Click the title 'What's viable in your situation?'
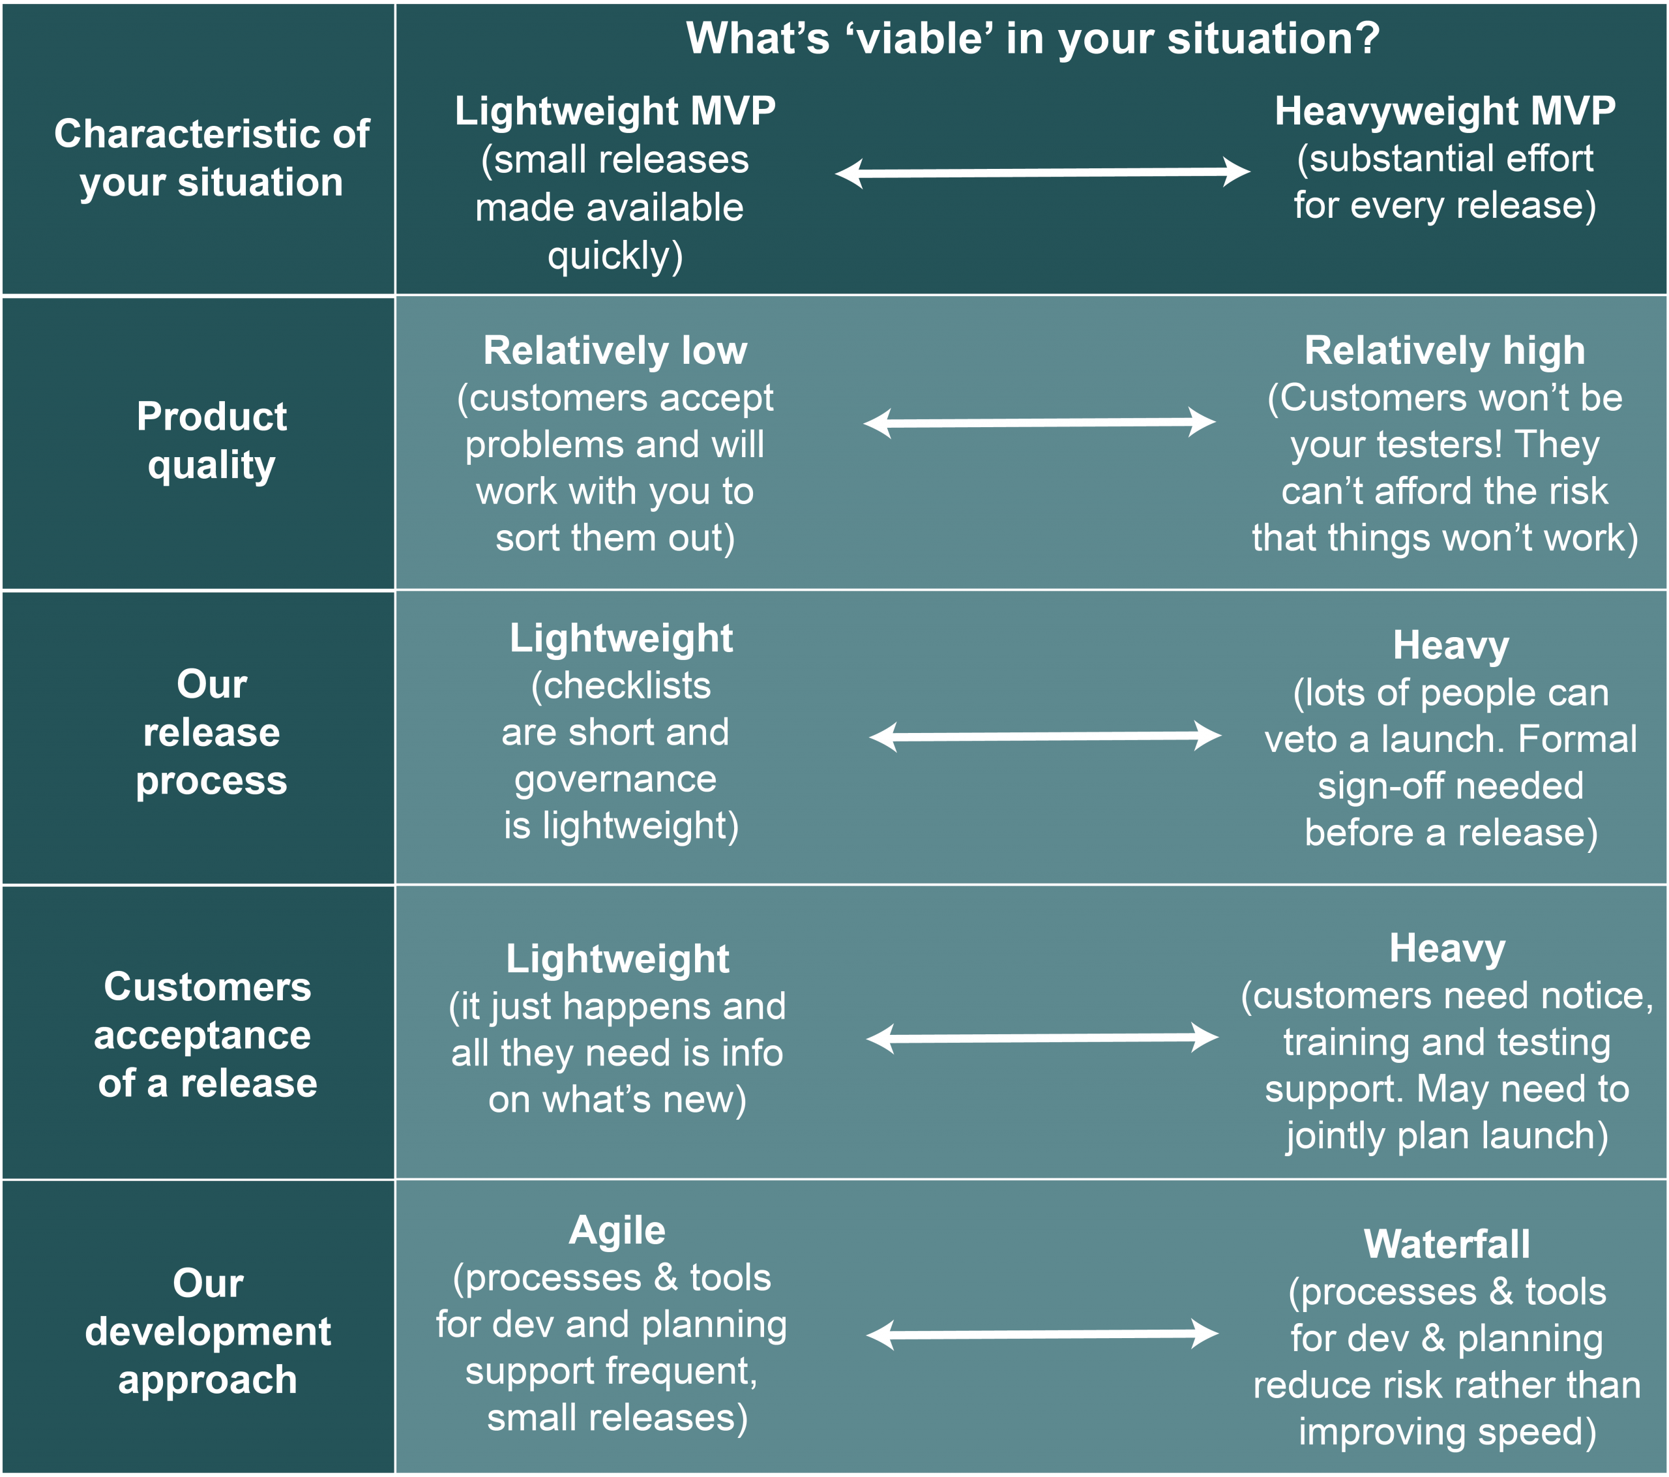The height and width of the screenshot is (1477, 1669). point(1032,38)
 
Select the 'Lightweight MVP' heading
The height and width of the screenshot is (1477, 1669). point(615,110)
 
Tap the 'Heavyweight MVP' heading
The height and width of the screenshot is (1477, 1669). point(1445,110)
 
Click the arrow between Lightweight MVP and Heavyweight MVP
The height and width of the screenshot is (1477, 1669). point(1042,172)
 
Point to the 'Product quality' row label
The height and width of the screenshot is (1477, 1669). point(211,441)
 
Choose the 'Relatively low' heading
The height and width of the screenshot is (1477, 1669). point(615,350)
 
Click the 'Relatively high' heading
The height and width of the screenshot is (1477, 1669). point(1445,350)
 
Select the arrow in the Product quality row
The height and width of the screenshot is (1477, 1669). point(1039,423)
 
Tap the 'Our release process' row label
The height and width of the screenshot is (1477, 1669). point(211,732)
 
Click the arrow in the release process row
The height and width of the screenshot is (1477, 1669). point(1045,736)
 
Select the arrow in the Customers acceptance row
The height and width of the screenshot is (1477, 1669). point(1042,1037)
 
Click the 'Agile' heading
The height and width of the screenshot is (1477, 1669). point(617,1231)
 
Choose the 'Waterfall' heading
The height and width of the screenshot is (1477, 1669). point(1447,1244)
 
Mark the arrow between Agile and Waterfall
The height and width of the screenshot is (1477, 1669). point(1042,1334)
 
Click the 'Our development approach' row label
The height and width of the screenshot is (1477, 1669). point(208,1332)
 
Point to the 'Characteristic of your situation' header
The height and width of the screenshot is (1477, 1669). point(211,158)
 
